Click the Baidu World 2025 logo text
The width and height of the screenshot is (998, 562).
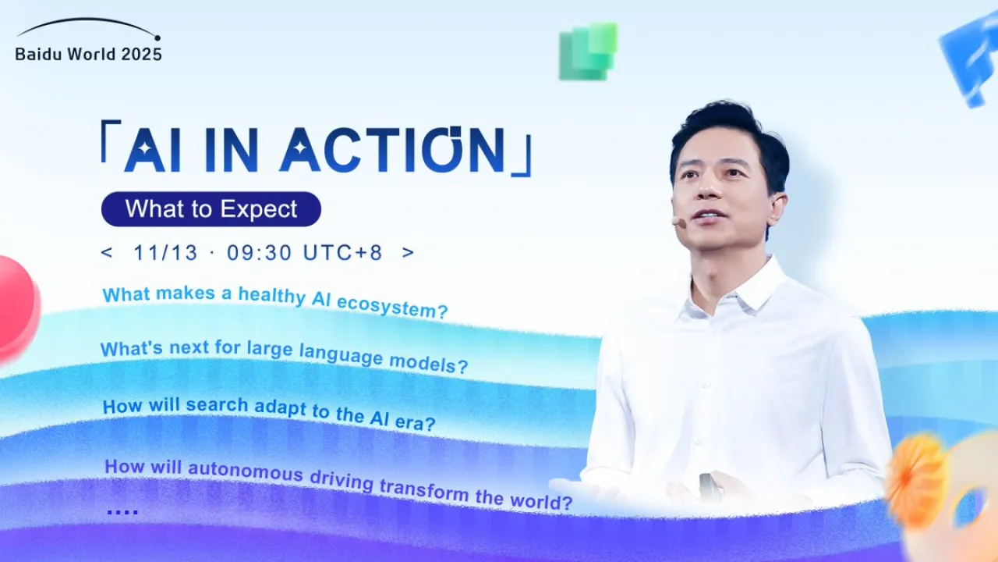(x=88, y=54)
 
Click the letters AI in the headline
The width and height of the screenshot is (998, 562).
(x=152, y=149)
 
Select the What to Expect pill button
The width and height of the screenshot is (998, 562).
(x=211, y=209)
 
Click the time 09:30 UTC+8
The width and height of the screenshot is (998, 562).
(x=305, y=253)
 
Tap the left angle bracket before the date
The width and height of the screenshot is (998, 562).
(x=107, y=253)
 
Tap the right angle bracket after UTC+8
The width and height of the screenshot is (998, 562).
(x=408, y=253)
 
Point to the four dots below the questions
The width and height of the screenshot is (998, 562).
(x=122, y=512)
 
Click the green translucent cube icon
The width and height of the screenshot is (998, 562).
(x=588, y=52)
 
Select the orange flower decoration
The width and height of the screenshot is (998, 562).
(x=917, y=481)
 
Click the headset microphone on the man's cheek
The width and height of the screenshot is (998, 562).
(x=679, y=222)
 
